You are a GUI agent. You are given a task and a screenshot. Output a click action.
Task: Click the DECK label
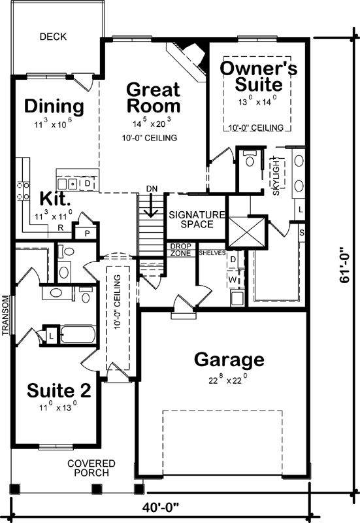pyautogui.click(x=53, y=37)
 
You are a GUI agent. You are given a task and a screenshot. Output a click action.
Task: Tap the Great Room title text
pyautogui.click(x=153, y=97)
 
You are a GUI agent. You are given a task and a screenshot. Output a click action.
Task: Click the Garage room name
pyautogui.click(x=229, y=360)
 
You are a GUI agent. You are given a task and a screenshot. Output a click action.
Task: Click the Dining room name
pyautogui.click(x=54, y=106)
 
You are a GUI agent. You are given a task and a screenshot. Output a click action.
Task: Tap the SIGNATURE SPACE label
pyautogui.click(x=197, y=220)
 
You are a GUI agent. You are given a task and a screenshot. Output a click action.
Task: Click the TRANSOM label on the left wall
pyautogui.click(x=5, y=316)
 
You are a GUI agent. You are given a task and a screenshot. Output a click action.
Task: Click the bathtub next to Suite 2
pyautogui.click(x=76, y=335)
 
